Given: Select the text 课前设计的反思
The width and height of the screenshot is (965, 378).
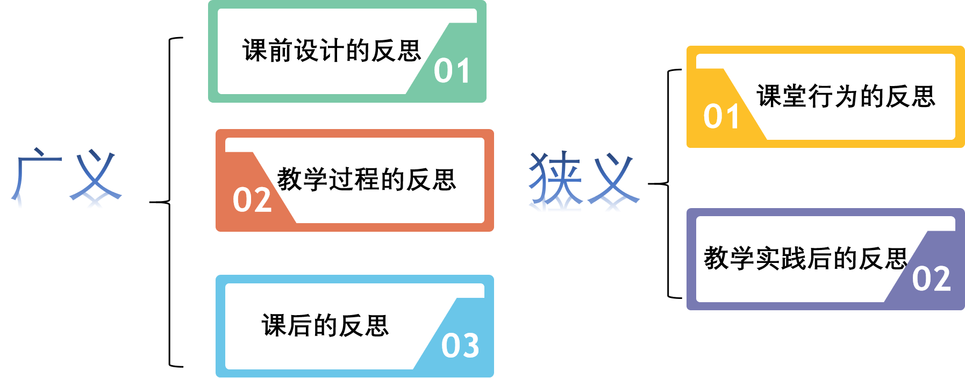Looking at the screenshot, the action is coord(332,51).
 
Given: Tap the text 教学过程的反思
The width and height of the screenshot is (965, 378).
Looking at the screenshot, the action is coord(367,180).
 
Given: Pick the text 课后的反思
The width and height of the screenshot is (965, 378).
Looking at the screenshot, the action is coord(325,326).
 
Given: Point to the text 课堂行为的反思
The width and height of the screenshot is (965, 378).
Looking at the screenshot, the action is coord(846,97).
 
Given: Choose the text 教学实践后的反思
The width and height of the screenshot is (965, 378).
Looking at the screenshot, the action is coord(805,259).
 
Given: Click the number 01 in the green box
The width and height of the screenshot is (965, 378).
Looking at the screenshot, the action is coord(452,71).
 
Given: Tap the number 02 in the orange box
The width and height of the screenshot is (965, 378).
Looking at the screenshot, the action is coord(252,200).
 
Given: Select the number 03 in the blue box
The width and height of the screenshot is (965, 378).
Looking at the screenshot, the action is coord(460,346).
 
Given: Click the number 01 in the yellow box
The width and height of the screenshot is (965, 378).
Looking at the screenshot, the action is coord(721,117).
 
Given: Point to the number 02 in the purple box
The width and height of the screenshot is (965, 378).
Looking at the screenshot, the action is coord(931,279).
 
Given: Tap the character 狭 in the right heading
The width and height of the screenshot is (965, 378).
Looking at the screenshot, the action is coord(555,179).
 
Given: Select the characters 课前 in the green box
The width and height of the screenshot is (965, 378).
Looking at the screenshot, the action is coord(268,51).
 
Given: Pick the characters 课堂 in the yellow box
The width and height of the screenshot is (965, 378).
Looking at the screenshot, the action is coord(782,97).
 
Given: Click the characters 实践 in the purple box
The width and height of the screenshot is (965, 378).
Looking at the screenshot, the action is coord(780,259).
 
